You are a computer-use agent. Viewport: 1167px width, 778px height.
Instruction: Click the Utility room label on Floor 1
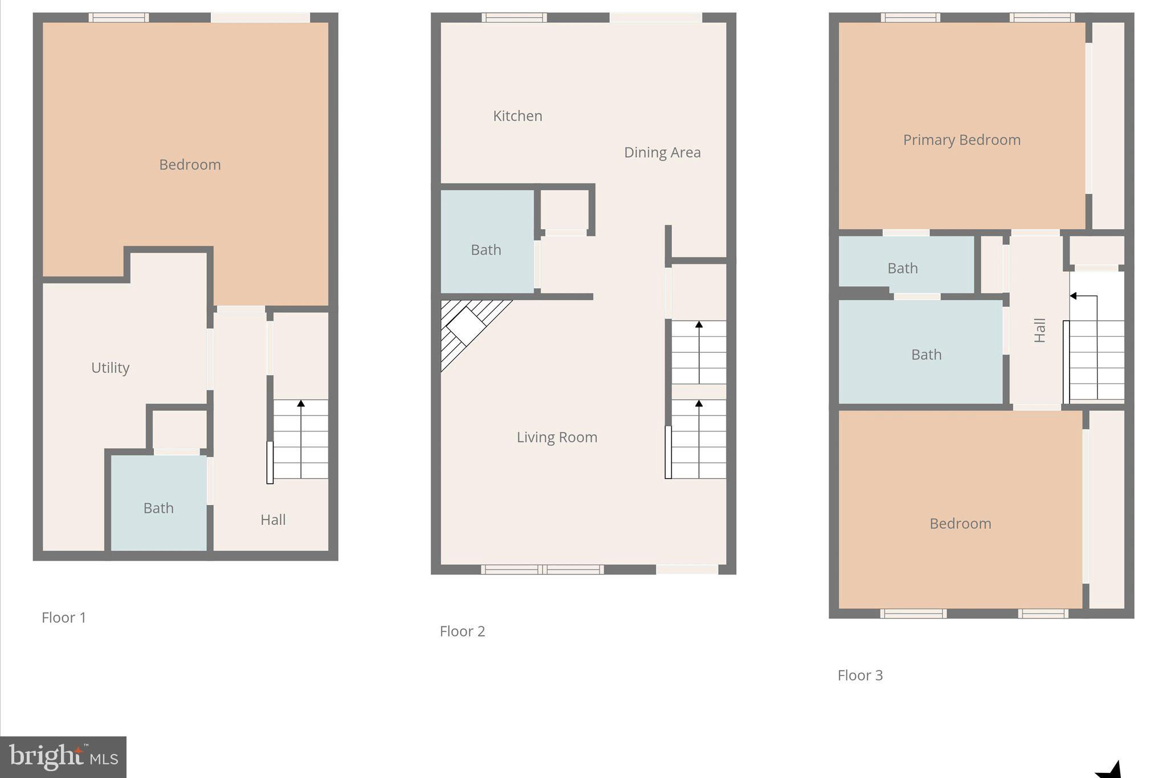(x=111, y=368)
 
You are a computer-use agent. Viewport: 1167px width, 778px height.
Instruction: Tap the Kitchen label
(x=517, y=116)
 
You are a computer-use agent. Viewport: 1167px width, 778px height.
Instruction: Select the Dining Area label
(x=662, y=152)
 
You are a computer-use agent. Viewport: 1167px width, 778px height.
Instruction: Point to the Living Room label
(x=557, y=437)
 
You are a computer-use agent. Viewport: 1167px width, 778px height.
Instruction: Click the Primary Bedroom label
(x=962, y=140)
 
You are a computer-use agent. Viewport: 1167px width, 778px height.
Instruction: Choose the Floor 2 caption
(x=462, y=631)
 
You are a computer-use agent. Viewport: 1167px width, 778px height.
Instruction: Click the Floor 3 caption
(x=860, y=675)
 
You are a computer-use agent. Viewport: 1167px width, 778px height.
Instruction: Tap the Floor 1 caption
(x=64, y=617)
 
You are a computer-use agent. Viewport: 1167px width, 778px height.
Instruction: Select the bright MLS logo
(x=63, y=757)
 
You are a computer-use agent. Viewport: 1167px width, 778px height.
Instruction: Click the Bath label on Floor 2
(x=486, y=250)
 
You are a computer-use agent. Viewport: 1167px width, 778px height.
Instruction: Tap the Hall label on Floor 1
(x=273, y=520)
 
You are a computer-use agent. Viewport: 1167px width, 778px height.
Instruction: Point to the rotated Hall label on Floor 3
(x=1040, y=331)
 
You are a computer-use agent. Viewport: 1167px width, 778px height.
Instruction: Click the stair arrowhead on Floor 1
(x=301, y=404)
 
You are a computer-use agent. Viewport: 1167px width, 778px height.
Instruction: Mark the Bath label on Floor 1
(x=158, y=508)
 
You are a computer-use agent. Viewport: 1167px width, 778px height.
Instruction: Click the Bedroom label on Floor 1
(x=190, y=165)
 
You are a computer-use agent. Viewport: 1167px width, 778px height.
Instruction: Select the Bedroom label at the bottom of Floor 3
(x=960, y=524)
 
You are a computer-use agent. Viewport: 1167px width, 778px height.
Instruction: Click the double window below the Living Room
(x=542, y=569)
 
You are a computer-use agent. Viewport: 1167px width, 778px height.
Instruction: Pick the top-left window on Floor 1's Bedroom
(x=119, y=18)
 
